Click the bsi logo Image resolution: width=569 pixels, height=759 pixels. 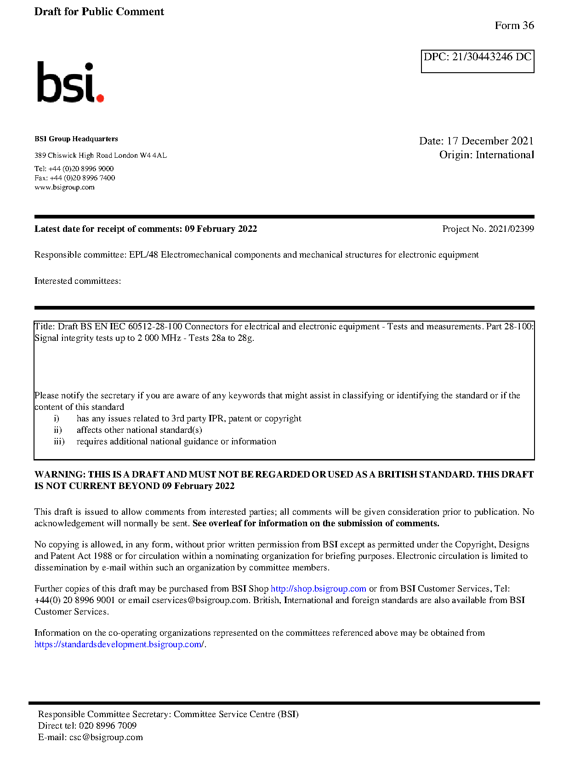point(70,82)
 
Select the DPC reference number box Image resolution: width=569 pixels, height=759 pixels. point(477,61)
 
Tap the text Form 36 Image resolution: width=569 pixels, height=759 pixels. point(514,26)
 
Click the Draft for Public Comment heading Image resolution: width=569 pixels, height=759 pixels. point(99,12)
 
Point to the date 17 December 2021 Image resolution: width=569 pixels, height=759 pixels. point(490,141)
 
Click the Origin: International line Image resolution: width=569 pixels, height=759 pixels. point(486,155)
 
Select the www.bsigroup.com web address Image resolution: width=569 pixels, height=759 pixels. point(64,188)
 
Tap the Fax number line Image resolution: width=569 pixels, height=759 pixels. point(74,178)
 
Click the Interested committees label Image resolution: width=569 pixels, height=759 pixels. point(77,281)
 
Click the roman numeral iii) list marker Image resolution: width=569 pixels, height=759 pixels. point(59,442)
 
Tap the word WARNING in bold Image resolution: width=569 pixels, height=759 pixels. point(60,475)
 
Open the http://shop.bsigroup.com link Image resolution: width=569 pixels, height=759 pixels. point(318,589)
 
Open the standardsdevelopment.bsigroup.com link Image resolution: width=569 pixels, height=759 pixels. point(119,644)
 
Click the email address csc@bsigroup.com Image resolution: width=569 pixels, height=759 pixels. point(106,737)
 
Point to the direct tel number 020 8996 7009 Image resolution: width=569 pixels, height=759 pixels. point(108,726)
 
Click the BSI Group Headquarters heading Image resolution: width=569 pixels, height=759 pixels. point(76,139)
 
